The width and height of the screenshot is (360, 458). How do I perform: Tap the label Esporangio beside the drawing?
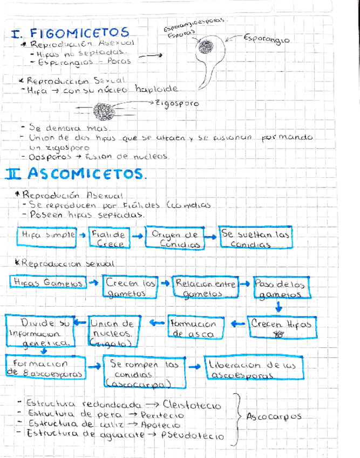tap(266, 39)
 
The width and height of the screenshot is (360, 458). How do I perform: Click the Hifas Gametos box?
tap(47, 282)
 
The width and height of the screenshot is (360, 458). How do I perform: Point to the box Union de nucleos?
tap(112, 331)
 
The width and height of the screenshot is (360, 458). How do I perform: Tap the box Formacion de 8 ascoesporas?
tap(45, 368)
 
